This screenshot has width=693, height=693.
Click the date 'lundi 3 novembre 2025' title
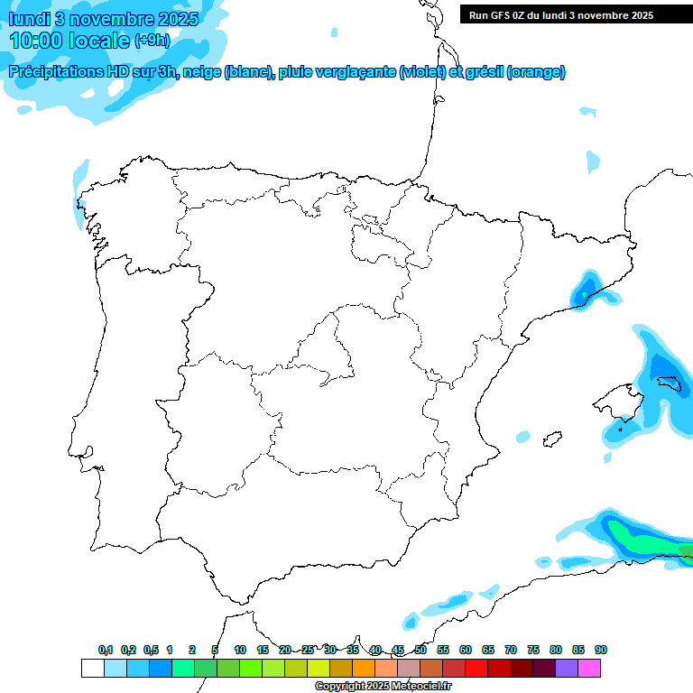104,19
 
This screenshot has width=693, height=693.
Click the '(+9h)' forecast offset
152,41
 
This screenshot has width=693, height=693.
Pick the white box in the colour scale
92,668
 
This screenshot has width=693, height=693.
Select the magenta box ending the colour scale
589,668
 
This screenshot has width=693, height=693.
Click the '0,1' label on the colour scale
106,651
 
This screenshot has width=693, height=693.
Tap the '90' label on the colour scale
601,651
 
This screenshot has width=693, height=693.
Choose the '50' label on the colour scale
420,651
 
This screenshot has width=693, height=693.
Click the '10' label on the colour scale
240,651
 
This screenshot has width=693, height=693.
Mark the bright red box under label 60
476,668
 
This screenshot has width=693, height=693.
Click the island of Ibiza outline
549,439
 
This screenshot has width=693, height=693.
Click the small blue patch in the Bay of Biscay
593,162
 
